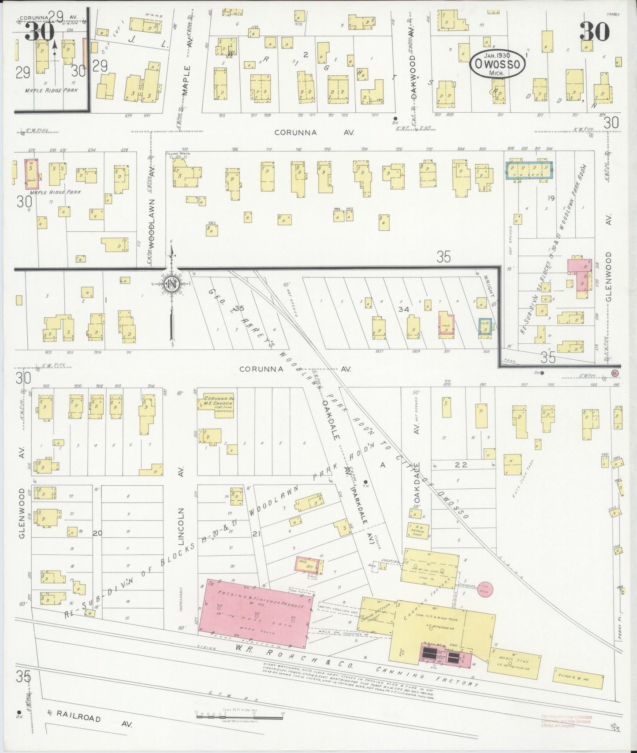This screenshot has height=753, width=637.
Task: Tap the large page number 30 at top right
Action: [x=594, y=32]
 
